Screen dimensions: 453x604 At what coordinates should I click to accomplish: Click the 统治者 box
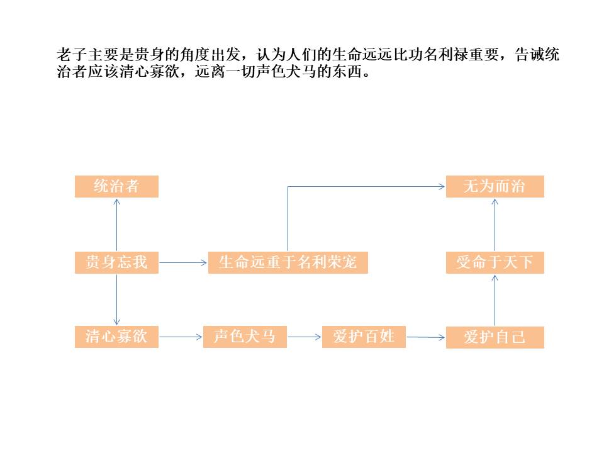point(116,186)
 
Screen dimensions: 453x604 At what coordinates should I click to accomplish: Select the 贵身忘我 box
point(116,262)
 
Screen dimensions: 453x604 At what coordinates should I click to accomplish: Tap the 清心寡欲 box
point(116,337)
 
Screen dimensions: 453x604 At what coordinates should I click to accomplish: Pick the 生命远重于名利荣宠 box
point(288,262)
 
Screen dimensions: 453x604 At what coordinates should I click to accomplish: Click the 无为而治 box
point(495,186)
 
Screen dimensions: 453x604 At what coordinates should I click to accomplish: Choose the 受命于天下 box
point(495,262)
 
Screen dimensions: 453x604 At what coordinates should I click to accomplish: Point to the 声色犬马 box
point(245,337)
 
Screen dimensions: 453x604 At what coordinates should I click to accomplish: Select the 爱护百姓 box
point(364,337)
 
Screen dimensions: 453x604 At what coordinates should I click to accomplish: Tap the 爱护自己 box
point(495,337)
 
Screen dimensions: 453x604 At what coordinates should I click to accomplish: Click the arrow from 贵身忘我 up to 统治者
point(116,225)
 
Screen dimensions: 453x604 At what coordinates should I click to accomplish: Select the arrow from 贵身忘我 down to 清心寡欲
point(116,299)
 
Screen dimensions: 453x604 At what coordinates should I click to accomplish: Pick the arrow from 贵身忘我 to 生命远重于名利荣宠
point(183,262)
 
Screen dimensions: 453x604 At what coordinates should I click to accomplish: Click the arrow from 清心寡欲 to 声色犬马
point(181,337)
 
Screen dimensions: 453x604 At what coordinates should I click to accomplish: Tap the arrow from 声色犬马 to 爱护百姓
point(305,337)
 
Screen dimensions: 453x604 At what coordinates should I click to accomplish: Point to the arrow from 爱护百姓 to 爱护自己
point(426,337)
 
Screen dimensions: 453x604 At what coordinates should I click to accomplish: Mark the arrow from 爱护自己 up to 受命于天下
point(495,300)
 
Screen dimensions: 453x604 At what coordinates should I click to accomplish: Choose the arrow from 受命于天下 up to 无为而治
point(495,225)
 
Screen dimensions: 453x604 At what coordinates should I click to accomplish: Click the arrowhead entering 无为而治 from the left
point(440,186)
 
